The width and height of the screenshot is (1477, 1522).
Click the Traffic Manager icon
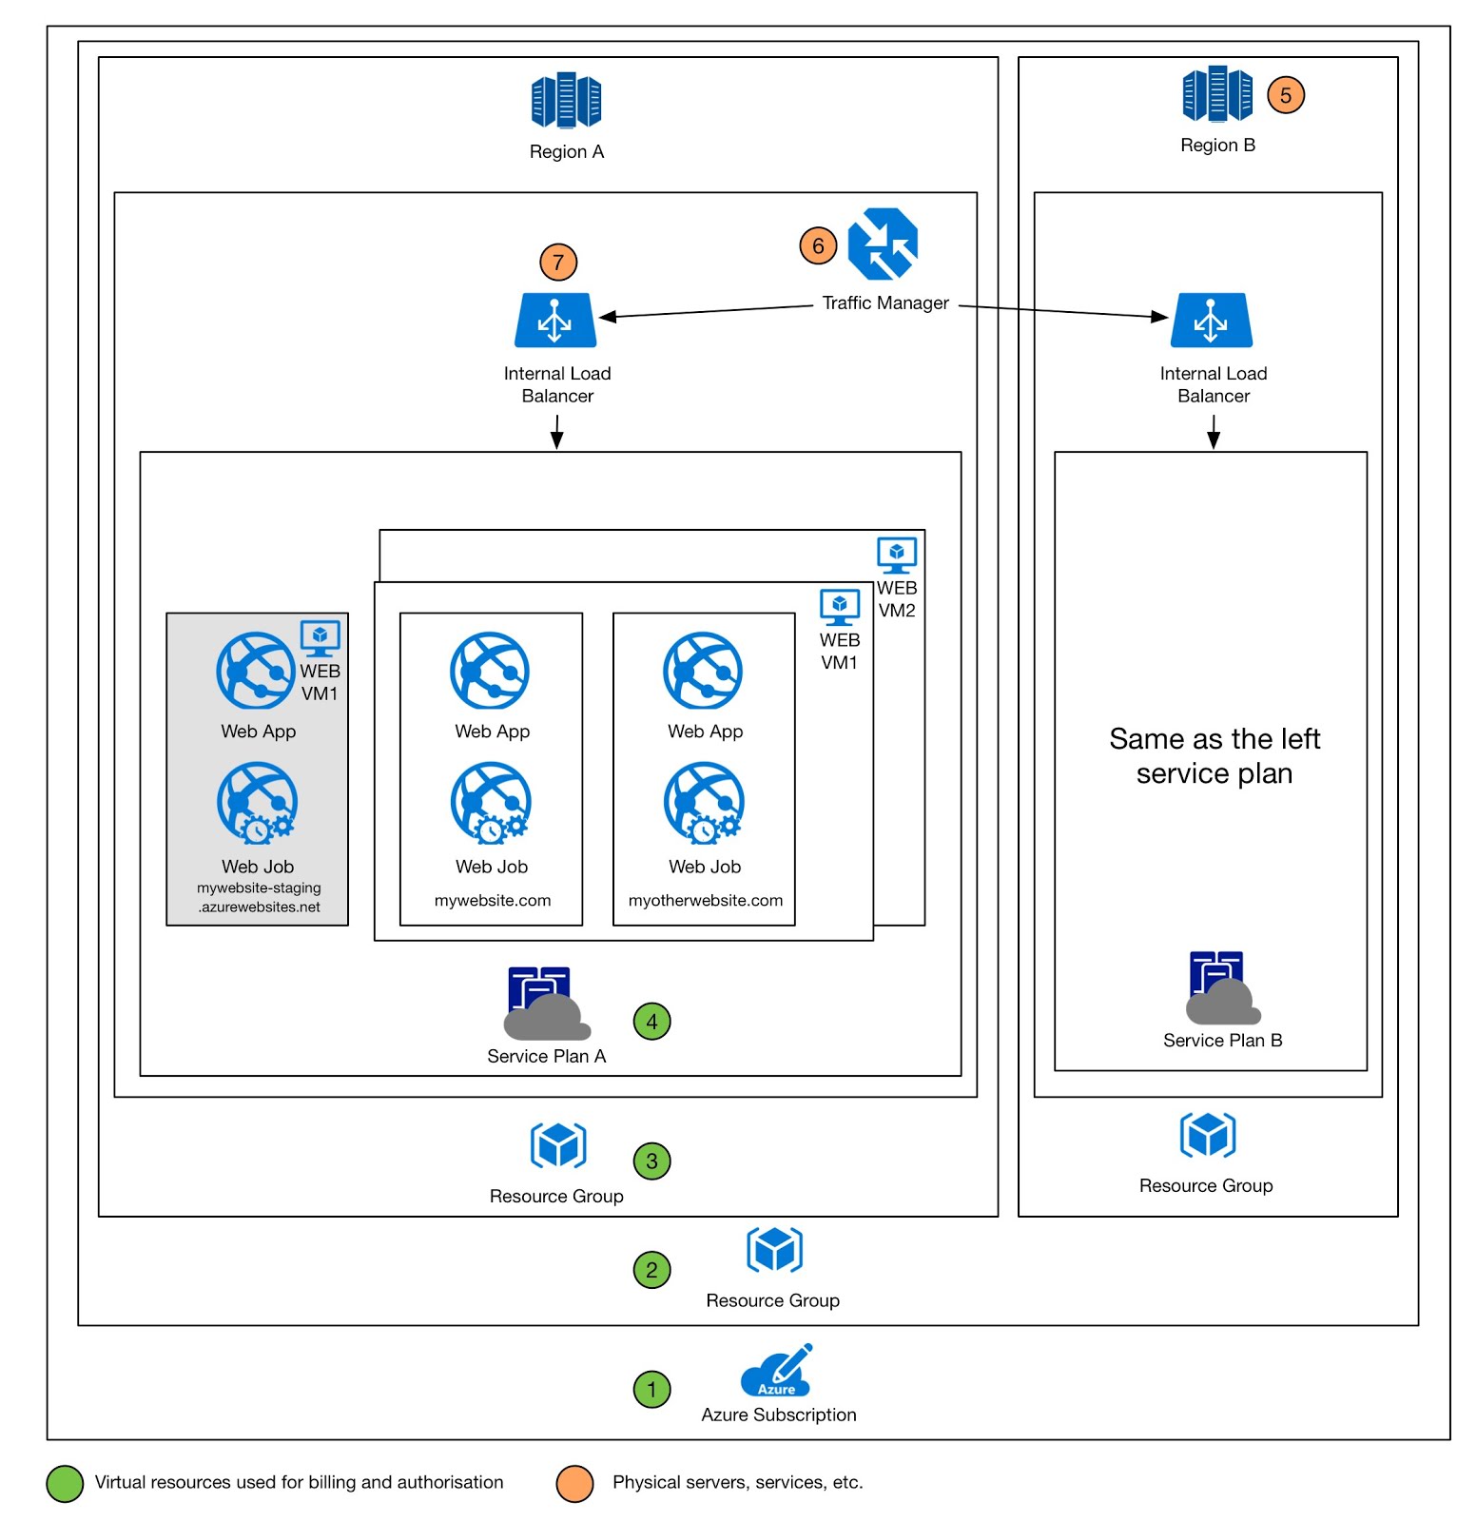click(x=882, y=244)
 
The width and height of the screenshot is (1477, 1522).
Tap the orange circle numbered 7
click(x=558, y=262)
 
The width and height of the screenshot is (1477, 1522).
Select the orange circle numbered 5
click(x=1285, y=95)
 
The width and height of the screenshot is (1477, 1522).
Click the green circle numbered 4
click(x=651, y=1022)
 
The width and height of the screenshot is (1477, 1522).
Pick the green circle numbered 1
click(x=651, y=1389)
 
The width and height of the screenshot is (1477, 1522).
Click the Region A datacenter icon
click(x=566, y=100)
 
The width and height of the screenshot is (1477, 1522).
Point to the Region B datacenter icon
click(x=1216, y=94)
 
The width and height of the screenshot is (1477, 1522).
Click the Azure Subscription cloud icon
click(x=777, y=1370)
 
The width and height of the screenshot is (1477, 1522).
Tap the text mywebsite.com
click(x=492, y=900)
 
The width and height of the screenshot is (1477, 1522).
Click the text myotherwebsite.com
click(x=705, y=900)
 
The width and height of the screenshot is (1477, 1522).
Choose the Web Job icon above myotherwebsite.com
click(x=703, y=803)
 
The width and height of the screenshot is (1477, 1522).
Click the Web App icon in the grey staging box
click(x=255, y=671)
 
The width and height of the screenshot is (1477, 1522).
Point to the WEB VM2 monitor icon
click(x=896, y=555)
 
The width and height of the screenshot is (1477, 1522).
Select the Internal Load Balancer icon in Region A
click(x=555, y=321)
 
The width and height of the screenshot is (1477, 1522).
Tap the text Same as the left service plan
click(x=1214, y=755)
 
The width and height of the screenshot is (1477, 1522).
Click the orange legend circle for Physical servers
click(x=574, y=1483)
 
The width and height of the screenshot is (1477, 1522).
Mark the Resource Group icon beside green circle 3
click(x=558, y=1144)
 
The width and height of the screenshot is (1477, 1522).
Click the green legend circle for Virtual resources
click(x=65, y=1483)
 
